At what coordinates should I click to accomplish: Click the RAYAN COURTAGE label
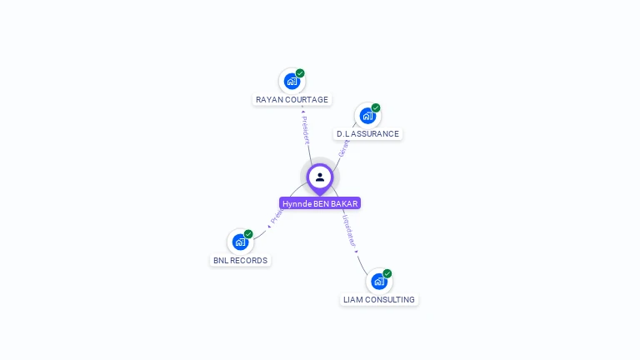[292, 100]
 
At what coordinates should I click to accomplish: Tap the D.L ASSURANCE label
[367, 134]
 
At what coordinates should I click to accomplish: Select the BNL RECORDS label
[240, 261]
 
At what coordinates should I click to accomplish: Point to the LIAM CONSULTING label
[379, 300]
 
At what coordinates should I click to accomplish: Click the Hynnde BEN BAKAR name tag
[320, 203]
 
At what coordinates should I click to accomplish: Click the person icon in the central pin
[320, 177]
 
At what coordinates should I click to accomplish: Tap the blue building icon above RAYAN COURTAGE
[291, 81]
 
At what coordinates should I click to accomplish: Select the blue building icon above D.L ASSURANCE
[367, 116]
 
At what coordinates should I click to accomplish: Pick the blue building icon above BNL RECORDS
[240, 242]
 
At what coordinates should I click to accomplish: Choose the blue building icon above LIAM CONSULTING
[378, 281]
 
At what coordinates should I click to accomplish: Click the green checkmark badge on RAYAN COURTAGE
[300, 73]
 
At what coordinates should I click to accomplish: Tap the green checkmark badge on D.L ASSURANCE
[376, 107]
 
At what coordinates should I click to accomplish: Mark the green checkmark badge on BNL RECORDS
[248, 234]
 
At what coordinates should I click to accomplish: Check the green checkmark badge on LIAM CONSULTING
[387, 273]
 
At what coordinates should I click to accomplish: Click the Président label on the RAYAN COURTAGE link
[305, 130]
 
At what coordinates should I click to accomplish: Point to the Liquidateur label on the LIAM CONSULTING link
[350, 231]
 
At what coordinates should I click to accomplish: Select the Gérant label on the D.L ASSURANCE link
[343, 148]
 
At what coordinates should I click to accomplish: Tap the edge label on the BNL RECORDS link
[277, 215]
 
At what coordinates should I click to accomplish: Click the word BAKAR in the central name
[345, 203]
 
